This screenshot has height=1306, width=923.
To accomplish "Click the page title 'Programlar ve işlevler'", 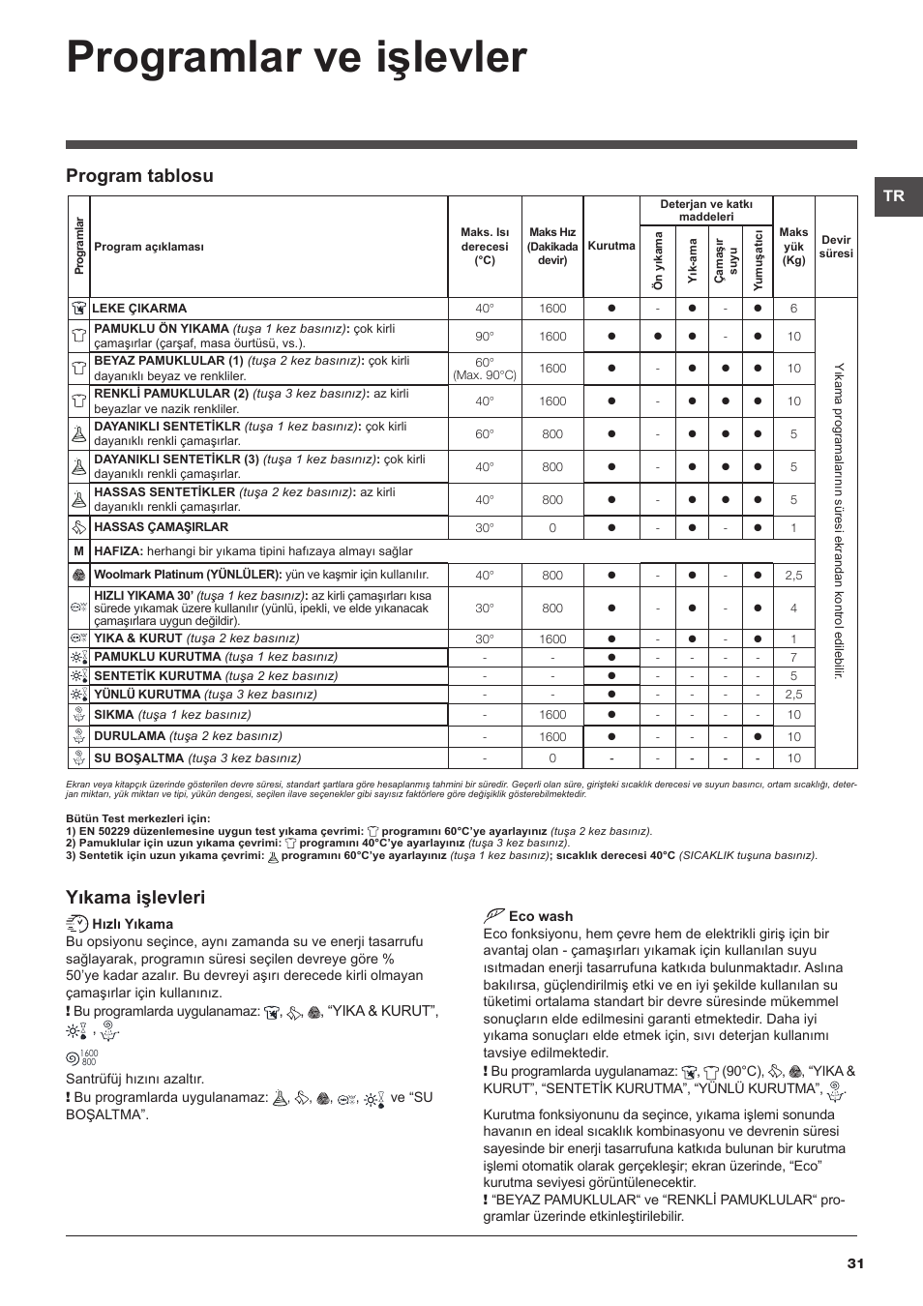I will [x=297, y=58].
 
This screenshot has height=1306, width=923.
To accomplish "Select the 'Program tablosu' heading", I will [x=139, y=175].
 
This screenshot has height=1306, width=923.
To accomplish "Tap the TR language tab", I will [x=893, y=195].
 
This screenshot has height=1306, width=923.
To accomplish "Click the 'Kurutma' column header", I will [x=611, y=246].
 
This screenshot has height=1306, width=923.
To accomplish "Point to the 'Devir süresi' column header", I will [x=836, y=247].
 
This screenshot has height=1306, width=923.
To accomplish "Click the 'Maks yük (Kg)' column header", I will [x=793, y=247].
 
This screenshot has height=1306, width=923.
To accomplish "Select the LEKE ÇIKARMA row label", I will [x=139, y=309].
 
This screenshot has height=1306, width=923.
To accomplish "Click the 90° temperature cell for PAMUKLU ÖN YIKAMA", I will [x=484, y=336].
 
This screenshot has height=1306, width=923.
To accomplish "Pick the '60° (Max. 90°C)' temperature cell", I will [x=484, y=369].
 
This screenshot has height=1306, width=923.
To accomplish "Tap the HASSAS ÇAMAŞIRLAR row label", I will [x=161, y=527].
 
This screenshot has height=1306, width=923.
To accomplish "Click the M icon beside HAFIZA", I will [x=78, y=550].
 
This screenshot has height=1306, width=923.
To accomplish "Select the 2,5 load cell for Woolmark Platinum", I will [x=793, y=576].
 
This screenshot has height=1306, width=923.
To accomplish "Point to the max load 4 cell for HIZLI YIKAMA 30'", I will [x=793, y=608].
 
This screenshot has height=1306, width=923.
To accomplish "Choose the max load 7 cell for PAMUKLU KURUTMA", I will [x=793, y=658].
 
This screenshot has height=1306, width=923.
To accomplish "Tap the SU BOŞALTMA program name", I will [x=138, y=758].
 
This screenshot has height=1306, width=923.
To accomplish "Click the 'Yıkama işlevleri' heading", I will [x=135, y=897].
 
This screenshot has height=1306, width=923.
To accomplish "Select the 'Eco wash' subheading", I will [x=541, y=916].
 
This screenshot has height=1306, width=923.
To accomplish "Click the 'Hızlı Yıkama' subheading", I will [x=133, y=924].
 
